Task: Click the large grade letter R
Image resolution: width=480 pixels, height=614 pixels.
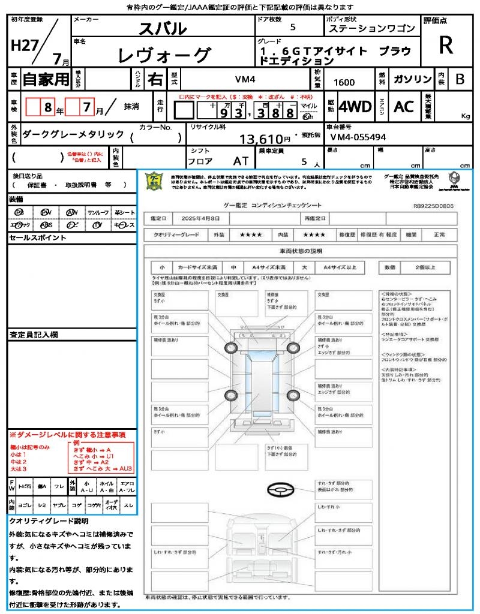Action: (x=446, y=46)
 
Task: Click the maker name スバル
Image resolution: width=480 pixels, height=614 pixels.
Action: (x=163, y=28)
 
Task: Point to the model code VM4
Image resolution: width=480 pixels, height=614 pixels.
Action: (x=244, y=79)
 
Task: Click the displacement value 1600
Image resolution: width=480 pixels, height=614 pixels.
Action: (x=344, y=82)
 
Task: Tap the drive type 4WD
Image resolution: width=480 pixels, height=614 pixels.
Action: (x=355, y=107)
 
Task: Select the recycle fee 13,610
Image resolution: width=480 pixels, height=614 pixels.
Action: (x=265, y=140)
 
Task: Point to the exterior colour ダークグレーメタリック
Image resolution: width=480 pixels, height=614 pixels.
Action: (x=73, y=134)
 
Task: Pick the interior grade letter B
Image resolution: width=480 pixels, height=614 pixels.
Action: (x=460, y=79)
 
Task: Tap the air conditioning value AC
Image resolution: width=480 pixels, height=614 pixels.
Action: (x=404, y=107)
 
